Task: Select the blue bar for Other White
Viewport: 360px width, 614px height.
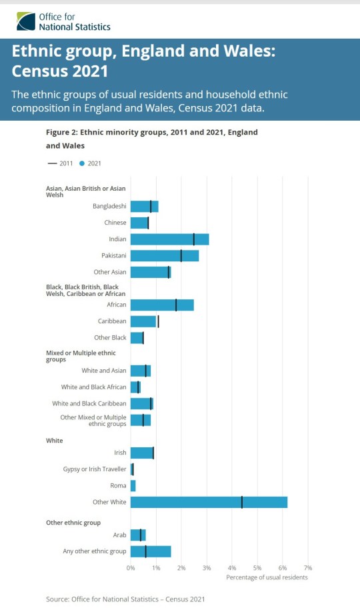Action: (209, 502)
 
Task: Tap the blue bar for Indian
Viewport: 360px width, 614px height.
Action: (169, 239)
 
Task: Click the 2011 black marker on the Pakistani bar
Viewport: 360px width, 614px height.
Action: (181, 256)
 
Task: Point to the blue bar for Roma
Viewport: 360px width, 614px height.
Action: (133, 485)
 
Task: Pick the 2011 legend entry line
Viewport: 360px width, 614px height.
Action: (51, 163)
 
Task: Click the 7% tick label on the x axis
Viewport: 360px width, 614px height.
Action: (308, 567)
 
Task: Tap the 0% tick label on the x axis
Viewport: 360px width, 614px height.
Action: (131, 567)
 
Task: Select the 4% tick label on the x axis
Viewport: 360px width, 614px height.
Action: (232, 567)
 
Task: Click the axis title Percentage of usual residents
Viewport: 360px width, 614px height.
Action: (267, 577)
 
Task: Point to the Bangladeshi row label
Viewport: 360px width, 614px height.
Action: (109, 207)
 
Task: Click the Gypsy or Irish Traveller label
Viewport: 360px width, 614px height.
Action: (94, 469)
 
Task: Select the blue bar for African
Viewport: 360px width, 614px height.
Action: (162, 305)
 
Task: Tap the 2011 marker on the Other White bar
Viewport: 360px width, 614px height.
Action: (242, 502)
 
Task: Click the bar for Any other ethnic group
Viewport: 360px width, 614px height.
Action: (151, 551)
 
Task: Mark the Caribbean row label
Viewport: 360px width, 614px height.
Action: (113, 321)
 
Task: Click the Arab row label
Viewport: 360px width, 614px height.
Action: (119, 535)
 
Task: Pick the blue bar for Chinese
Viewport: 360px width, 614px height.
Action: (139, 223)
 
